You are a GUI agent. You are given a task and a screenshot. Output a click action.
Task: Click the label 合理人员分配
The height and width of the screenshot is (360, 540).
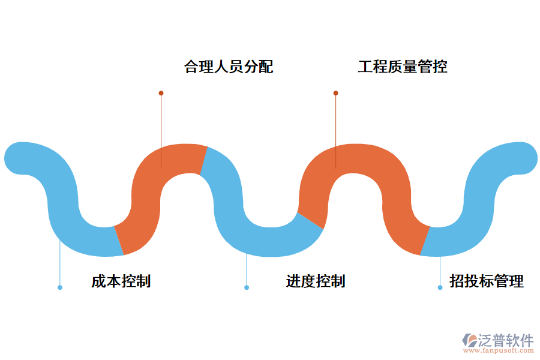pos(229,67)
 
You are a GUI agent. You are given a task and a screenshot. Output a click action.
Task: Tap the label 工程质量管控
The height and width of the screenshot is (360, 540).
pos(403,67)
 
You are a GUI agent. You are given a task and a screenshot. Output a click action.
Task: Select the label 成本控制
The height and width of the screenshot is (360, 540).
pos(121,281)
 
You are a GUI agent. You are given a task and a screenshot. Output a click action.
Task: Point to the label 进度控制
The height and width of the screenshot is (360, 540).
pos(315,281)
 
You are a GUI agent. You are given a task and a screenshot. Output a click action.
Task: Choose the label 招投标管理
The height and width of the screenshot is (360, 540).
pos(487,281)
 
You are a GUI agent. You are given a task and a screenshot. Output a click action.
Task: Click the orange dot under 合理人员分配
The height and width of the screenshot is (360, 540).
pos(161,93)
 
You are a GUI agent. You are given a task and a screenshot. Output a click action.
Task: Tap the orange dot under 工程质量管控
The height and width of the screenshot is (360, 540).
pos(335,93)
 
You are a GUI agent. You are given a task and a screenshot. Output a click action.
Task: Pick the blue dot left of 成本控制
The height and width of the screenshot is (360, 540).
pos(60,287)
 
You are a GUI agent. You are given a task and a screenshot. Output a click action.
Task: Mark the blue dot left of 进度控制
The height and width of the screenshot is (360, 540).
pos(247,287)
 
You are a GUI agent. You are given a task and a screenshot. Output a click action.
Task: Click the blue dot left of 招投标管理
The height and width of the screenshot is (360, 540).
pos(440,287)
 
